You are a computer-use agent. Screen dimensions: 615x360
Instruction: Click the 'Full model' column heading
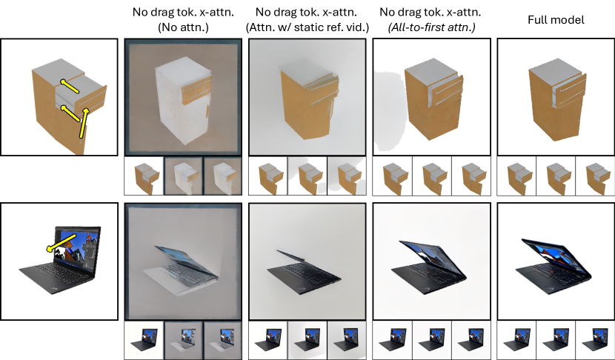click(x=556, y=20)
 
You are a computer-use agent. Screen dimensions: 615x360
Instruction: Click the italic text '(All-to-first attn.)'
click(x=431, y=27)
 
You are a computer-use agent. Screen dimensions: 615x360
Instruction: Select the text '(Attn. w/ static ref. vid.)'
click(x=307, y=27)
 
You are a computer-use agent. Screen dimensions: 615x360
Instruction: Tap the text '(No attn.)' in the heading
click(x=183, y=27)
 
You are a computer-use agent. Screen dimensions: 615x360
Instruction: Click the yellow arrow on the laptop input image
click(x=61, y=243)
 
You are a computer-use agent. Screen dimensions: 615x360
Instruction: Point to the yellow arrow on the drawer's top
click(x=70, y=86)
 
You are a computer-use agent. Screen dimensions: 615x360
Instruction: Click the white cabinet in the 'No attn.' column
click(x=183, y=96)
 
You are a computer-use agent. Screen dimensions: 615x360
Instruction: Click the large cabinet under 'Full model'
click(x=557, y=99)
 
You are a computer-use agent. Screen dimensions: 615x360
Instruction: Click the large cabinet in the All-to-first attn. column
click(x=433, y=99)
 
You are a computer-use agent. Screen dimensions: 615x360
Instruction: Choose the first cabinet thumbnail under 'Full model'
click(x=518, y=179)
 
